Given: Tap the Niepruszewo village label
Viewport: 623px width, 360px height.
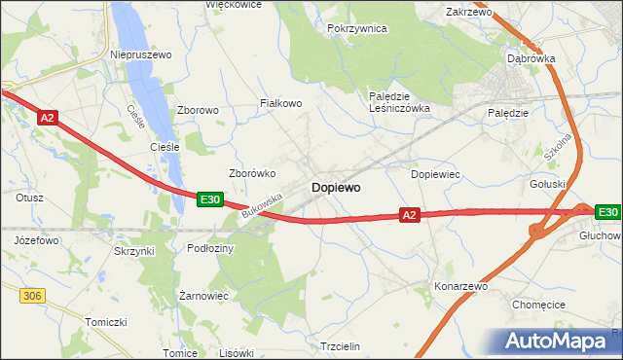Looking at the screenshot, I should pyautogui.click(x=141, y=55).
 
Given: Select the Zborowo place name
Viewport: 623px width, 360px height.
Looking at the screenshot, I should pyautogui.click(x=198, y=111).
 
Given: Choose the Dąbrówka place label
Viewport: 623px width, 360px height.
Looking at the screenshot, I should pyautogui.click(x=531, y=58).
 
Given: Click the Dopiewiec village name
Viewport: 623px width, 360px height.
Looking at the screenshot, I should pyautogui.click(x=435, y=174).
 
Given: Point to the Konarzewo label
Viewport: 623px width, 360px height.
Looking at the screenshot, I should pyautogui.click(x=460, y=287).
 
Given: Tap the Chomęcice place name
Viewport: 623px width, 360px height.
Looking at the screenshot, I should pyautogui.click(x=538, y=305).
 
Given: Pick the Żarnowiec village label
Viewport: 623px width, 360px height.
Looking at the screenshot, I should pyautogui.click(x=203, y=295).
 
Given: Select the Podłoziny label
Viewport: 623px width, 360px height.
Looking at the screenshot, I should pyautogui.click(x=210, y=249).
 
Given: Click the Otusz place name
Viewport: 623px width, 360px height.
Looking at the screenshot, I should pyautogui.click(x=29, y=197).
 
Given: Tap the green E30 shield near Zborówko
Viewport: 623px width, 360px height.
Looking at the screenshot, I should pyautogui.click(x=209, y=199).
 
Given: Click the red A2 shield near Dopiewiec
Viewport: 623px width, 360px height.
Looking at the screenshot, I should pyautogui.click(x=409, y=215).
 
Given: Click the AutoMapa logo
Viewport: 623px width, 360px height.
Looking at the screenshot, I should pyautogui.click(x=560, y=342).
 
